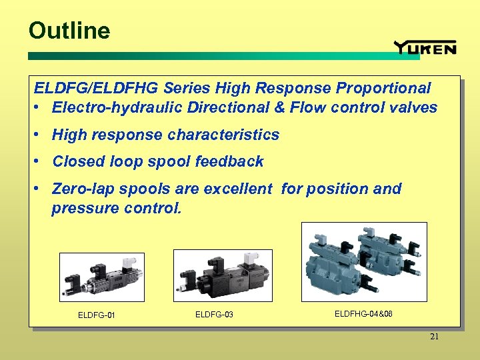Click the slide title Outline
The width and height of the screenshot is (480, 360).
tap(69, 31)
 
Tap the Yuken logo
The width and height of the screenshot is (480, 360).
tap(425, 47)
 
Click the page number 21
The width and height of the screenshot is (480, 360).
tap(434, 337)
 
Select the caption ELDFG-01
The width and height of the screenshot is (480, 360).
tap(97, 315)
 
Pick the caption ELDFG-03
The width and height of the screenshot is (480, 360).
tap(214, 314)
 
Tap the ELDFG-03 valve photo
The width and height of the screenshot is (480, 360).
tap(223, 275)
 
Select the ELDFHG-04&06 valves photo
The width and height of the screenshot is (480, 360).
tap(364, 262)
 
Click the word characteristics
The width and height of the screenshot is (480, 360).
tap(224, 135)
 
